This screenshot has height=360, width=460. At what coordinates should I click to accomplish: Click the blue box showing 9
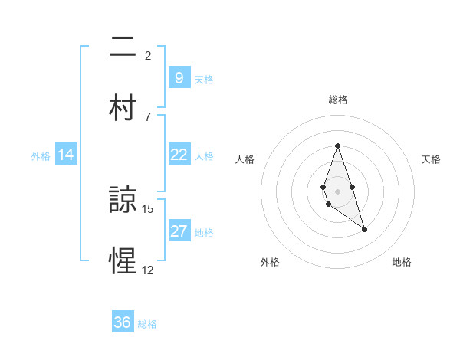tap(179, 77)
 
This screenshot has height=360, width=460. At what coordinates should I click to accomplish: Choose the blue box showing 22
tap(179, 155)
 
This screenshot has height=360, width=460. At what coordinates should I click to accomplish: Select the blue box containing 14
tap(66, 155)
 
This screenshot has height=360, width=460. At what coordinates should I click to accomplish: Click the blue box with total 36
tap(123, 322)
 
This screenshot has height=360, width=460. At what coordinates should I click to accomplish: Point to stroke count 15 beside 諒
tap(148, 209)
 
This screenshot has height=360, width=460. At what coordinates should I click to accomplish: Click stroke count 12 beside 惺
tap(148, 270)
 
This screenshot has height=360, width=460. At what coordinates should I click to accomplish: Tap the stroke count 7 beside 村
tap(148, 116)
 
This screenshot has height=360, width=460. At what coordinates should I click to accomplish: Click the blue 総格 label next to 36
tap(147, 324)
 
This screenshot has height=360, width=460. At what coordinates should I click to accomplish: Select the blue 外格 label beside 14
tap(41, 155)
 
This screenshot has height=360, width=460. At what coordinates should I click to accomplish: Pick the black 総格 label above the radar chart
tap(337, 100)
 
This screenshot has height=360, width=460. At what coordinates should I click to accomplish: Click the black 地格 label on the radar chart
tap(402, 262)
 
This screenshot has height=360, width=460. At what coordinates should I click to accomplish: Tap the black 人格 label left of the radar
tap(245, 159)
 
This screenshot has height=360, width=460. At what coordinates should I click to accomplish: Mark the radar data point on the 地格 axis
tap(364, 229)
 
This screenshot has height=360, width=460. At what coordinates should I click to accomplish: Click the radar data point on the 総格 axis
tap(337, 146)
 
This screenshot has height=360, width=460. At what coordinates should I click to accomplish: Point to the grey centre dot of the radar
tap(337, 191)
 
